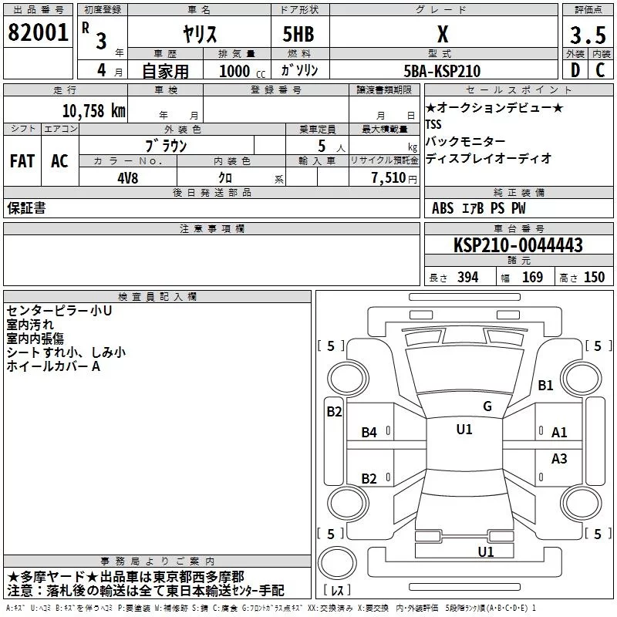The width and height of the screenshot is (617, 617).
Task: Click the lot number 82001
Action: coord(37,32)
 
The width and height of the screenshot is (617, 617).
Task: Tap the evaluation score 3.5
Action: coord(587,36)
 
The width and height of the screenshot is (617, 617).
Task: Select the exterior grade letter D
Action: coord(575,70)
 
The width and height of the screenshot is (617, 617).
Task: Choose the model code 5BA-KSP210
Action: coord(442,71)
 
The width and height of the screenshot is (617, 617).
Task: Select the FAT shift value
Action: coord(22,160)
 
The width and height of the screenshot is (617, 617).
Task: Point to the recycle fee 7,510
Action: coord(388,177)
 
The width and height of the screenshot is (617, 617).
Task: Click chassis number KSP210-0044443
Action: coord(518,245)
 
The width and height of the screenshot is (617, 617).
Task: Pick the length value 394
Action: coord(467,278)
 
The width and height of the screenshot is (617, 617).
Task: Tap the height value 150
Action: coord(594,278)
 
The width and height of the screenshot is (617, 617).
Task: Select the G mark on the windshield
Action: coord(487,406)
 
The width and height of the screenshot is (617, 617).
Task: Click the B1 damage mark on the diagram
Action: coord(545,385)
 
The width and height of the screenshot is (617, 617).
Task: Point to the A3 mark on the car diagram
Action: coord(559,459)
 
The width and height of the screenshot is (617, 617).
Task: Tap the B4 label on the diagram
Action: coord(369,433)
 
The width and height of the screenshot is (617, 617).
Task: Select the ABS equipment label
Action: coord(443,208)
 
